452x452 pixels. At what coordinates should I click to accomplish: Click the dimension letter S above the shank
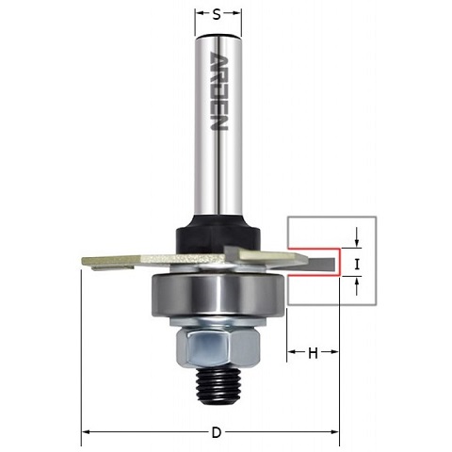click(217, 14)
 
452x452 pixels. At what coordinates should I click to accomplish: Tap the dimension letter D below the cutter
click(217, 433)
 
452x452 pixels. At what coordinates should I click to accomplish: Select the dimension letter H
click(313, 353)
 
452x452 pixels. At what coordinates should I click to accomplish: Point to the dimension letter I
click(357, 266)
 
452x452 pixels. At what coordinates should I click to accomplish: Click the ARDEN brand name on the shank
click(218, 91)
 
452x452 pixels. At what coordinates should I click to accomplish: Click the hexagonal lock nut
click(218, 347)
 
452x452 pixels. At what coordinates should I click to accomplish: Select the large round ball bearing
click(218, 295)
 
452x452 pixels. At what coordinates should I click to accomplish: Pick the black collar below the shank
click(218, 234)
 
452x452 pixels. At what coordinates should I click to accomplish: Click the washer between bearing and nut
click(218, 322)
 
